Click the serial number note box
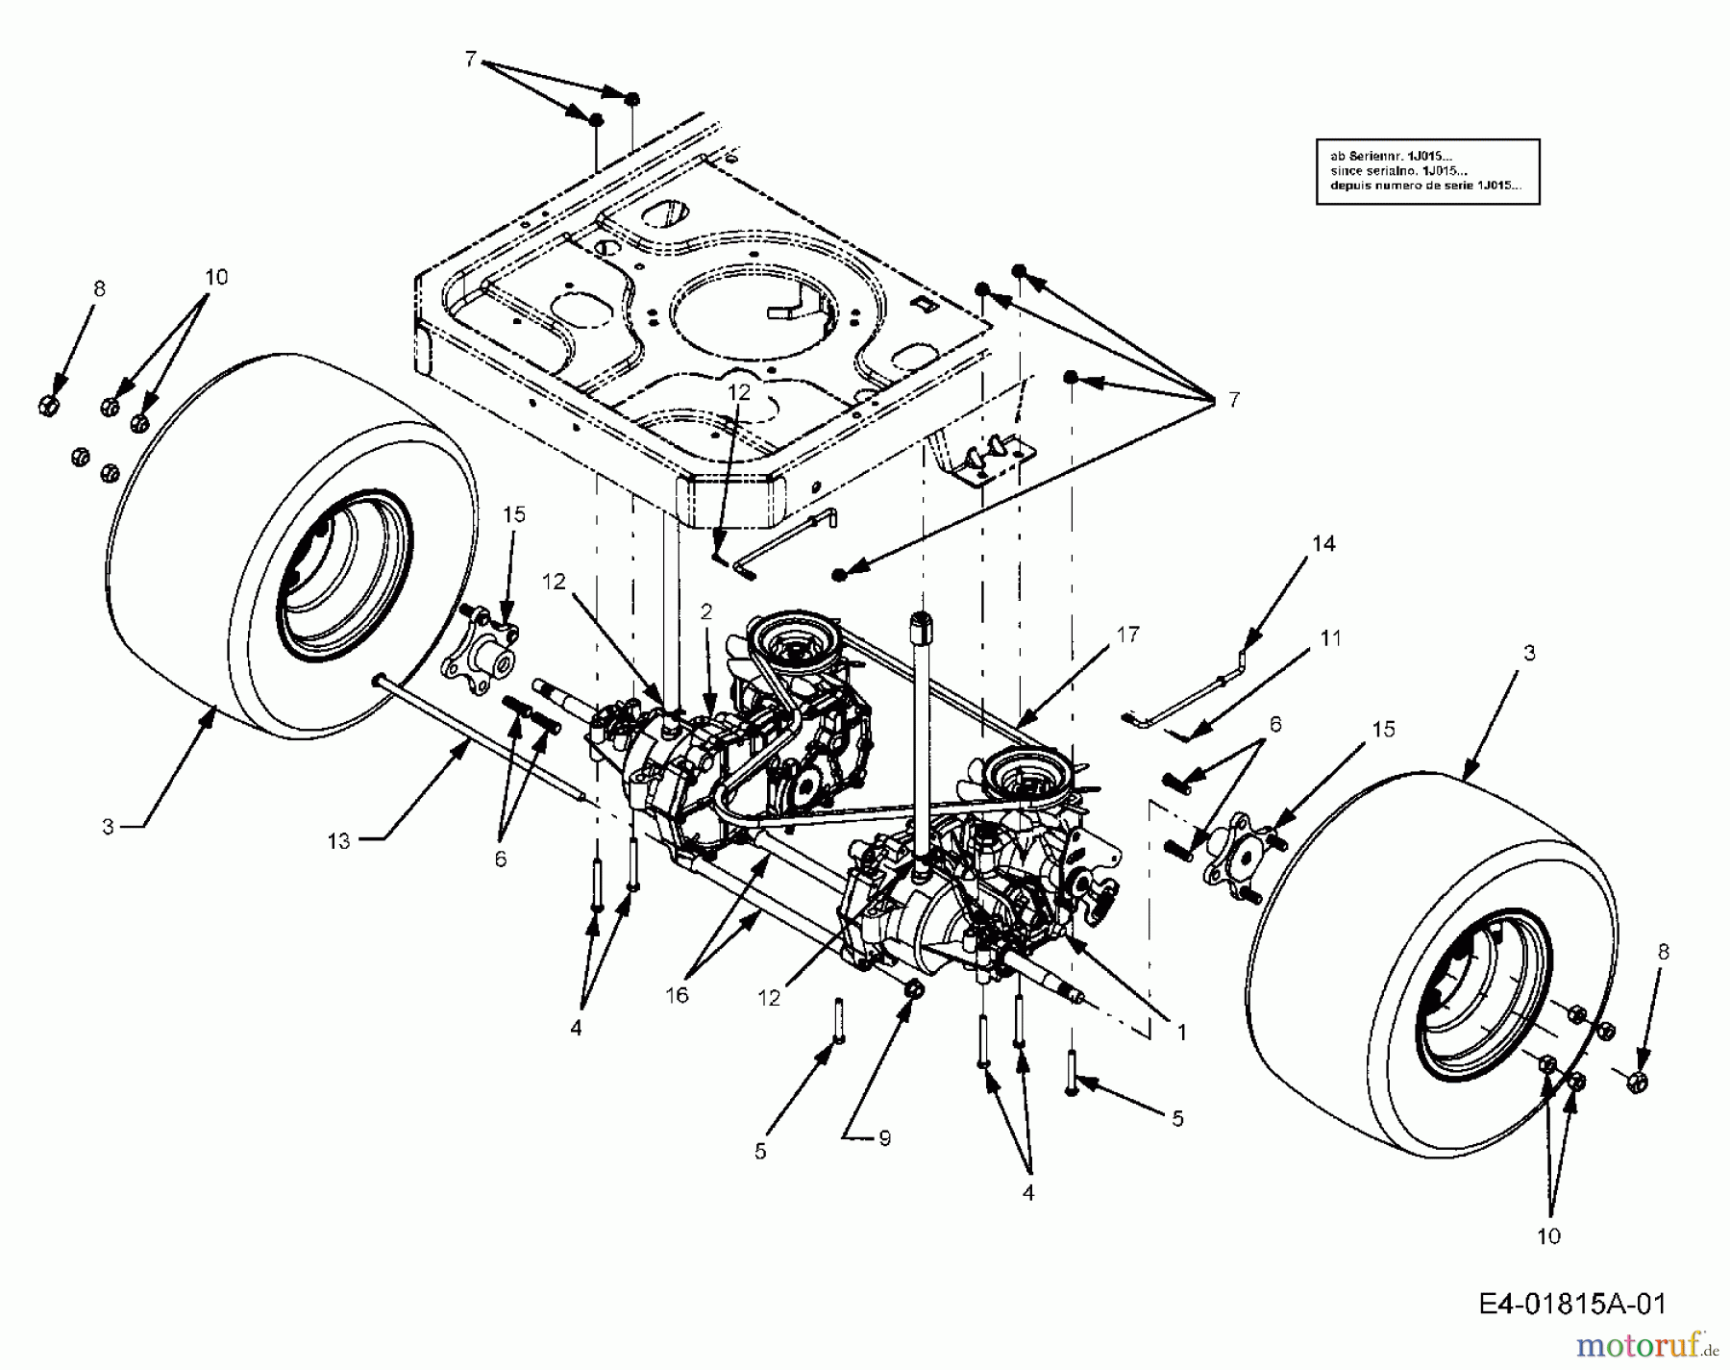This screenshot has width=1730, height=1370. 1427,171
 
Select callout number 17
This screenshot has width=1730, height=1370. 1127,635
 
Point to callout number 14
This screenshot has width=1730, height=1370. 1323,544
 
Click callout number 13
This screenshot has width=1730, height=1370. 338,841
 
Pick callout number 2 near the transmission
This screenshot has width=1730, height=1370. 706,611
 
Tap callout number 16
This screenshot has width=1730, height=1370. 677,995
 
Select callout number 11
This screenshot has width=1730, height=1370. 1330,638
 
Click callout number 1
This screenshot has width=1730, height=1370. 1181,1033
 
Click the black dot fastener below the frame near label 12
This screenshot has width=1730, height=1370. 839,574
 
